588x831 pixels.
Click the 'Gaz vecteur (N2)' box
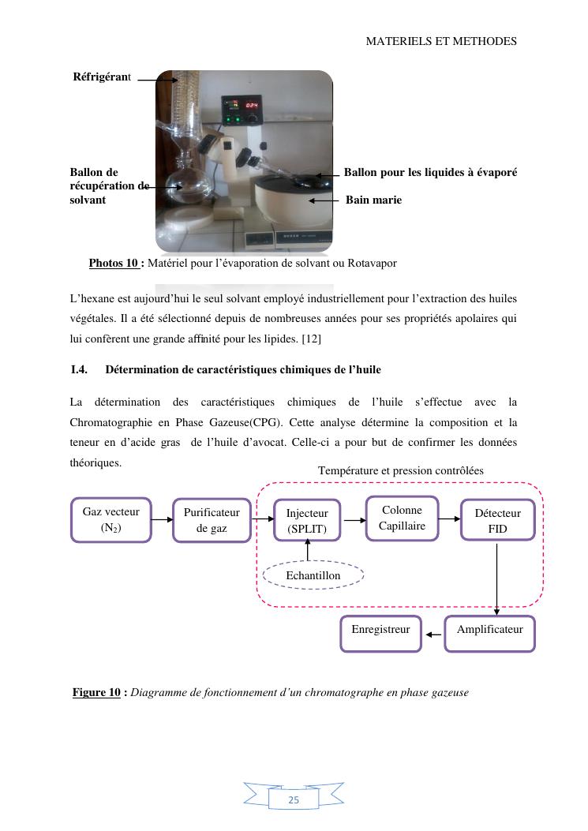click(111, 520)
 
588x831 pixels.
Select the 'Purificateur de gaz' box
click(212, 520)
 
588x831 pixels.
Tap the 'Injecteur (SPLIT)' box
click(307, 521)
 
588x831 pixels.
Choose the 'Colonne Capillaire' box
click(402, 518)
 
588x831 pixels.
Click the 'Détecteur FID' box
click(497, 521)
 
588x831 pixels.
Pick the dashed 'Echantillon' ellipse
click(313, 575)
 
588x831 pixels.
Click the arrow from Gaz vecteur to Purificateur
click(162, 520)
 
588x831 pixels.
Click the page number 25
click(294, 799)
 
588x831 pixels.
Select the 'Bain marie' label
click(373, 200)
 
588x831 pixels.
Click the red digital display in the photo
click(251, 105)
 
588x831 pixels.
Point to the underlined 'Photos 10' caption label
click(114, 263)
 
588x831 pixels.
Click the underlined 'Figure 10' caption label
click(97, 693)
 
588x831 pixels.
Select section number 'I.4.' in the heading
click(79, 369)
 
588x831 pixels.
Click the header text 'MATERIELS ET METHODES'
click(441, 41)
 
